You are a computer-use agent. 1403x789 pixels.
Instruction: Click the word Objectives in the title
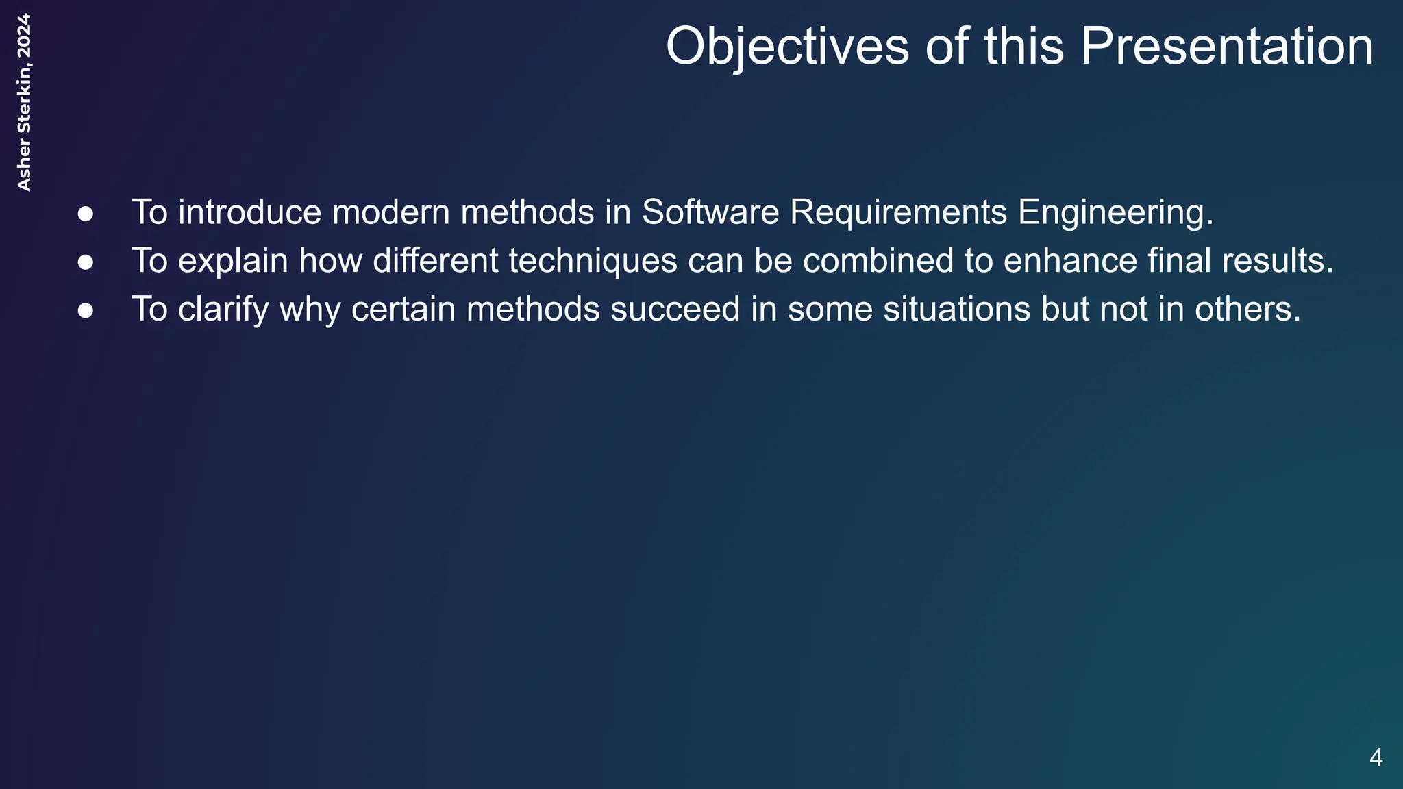(787, 47)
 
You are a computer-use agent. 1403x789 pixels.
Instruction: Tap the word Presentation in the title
(1226, 47)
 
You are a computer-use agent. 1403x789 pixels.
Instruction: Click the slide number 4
(1376, 757)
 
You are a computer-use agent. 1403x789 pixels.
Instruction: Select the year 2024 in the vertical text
(24, 36)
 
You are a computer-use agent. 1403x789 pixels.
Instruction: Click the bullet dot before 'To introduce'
(86, 214)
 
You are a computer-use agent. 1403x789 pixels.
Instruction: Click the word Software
(710, 212)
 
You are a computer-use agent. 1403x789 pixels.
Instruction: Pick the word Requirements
(898, 214)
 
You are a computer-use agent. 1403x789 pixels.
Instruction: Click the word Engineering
(1115, 214)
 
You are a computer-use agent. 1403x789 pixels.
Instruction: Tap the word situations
(956, 310)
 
